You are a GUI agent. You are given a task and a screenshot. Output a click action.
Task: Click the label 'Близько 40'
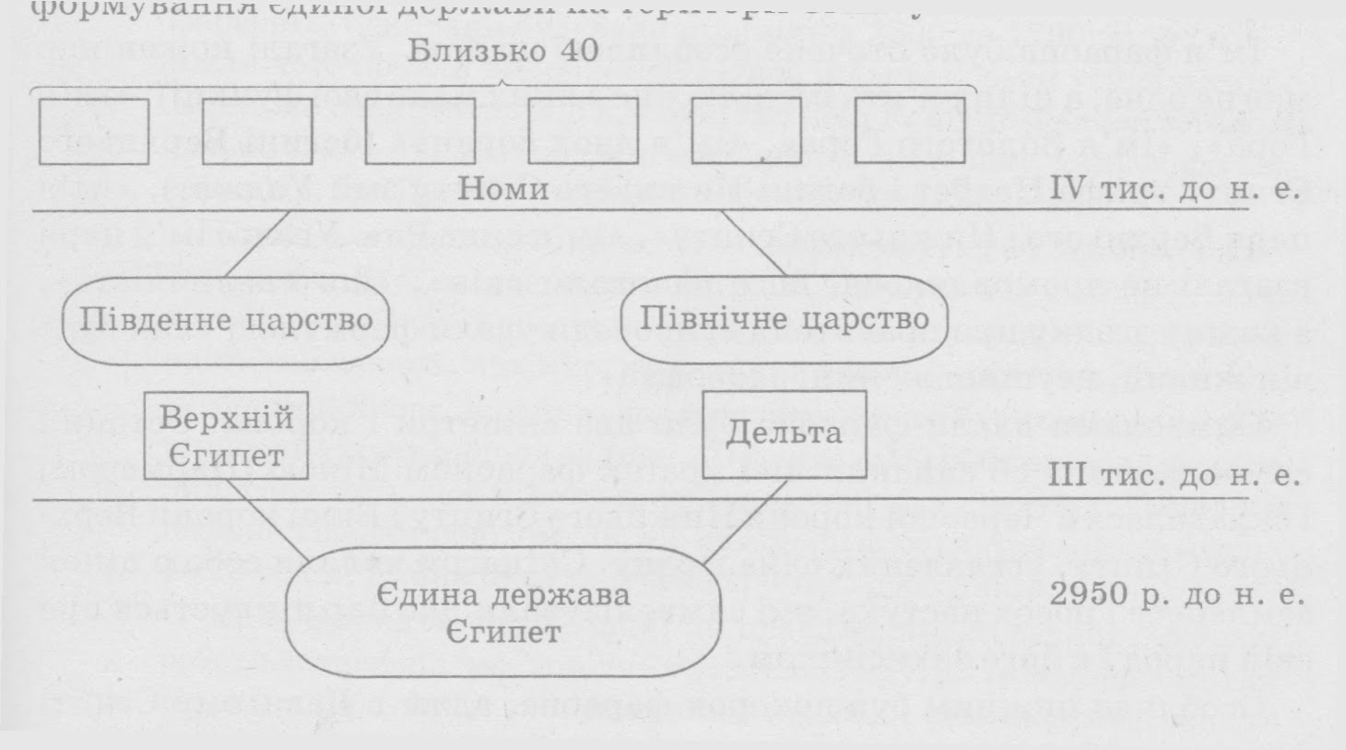[503, 51]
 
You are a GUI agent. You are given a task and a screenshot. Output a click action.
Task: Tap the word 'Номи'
[503, 189]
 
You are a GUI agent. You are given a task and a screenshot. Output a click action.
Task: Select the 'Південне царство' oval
[226, 320]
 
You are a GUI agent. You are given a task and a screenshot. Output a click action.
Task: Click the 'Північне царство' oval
[785, 319]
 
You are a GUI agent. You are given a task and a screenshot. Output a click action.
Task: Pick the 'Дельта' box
[785, 434]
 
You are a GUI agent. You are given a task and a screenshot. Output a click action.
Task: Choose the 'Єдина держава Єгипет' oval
[503, 613]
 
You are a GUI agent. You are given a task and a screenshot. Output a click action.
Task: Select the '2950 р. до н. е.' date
[1177, 595]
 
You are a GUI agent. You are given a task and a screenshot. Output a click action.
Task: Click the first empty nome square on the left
[94, 131]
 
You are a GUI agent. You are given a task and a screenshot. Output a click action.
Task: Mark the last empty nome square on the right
[910, 131]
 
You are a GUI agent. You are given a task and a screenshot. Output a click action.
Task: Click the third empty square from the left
[420, 131]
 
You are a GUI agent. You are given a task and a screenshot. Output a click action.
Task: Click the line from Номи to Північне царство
[751, 244]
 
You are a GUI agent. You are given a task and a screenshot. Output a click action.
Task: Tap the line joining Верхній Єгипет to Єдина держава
[267, 521]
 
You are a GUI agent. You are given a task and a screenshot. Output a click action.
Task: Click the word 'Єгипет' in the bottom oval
[503, 633]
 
